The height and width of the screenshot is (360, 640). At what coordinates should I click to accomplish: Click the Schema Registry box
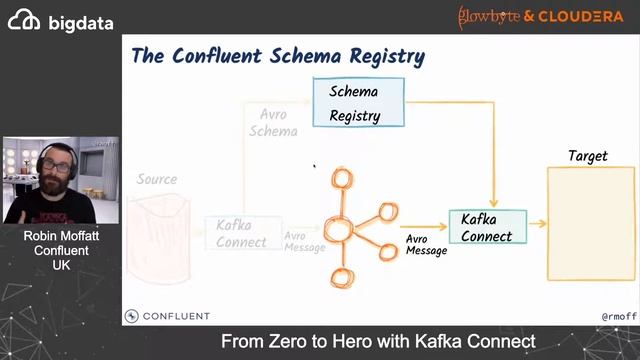coord(358,103)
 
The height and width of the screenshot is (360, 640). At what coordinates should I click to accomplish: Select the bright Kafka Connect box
coord(487,227)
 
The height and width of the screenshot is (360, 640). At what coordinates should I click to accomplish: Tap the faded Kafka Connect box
coord(241,233)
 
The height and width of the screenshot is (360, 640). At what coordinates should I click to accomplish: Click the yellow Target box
coord(590,224)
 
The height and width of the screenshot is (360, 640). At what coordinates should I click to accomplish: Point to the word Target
coord(587,156)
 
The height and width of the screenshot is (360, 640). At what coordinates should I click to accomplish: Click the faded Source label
coord(157,180)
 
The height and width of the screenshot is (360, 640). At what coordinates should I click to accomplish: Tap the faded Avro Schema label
coord(273,123)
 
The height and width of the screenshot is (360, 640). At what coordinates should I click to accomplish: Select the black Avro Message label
coord(426,245)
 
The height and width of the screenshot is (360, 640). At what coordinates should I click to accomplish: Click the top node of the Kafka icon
coord(343,181)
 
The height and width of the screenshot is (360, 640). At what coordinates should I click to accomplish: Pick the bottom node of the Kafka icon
coord(343,277)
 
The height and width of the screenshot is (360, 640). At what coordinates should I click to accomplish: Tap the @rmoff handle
coord(618,317)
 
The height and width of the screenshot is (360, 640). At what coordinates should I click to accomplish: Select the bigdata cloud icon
coord(25,21)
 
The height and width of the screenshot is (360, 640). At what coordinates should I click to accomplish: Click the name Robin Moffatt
coord(61,236)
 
